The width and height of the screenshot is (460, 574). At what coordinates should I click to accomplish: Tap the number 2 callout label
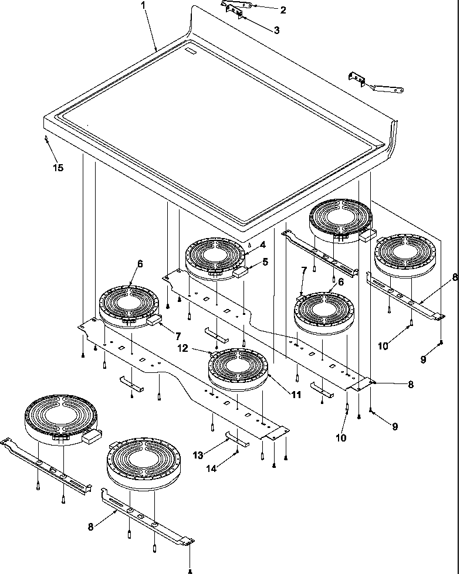click(x=283, y=9)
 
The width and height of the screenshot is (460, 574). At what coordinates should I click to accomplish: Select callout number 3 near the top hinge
click(x=276, y=29)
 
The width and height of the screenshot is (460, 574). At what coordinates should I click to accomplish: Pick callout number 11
click(x=296, y=395)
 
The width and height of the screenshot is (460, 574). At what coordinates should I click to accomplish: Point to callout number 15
click(x=58, y=167)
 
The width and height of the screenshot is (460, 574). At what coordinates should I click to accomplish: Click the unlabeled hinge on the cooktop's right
click(x=376, y=83)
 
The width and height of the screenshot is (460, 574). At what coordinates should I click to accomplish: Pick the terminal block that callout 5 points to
click(x=241, y=273)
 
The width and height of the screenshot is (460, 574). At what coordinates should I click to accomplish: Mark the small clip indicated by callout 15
click(x=46, y=138)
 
